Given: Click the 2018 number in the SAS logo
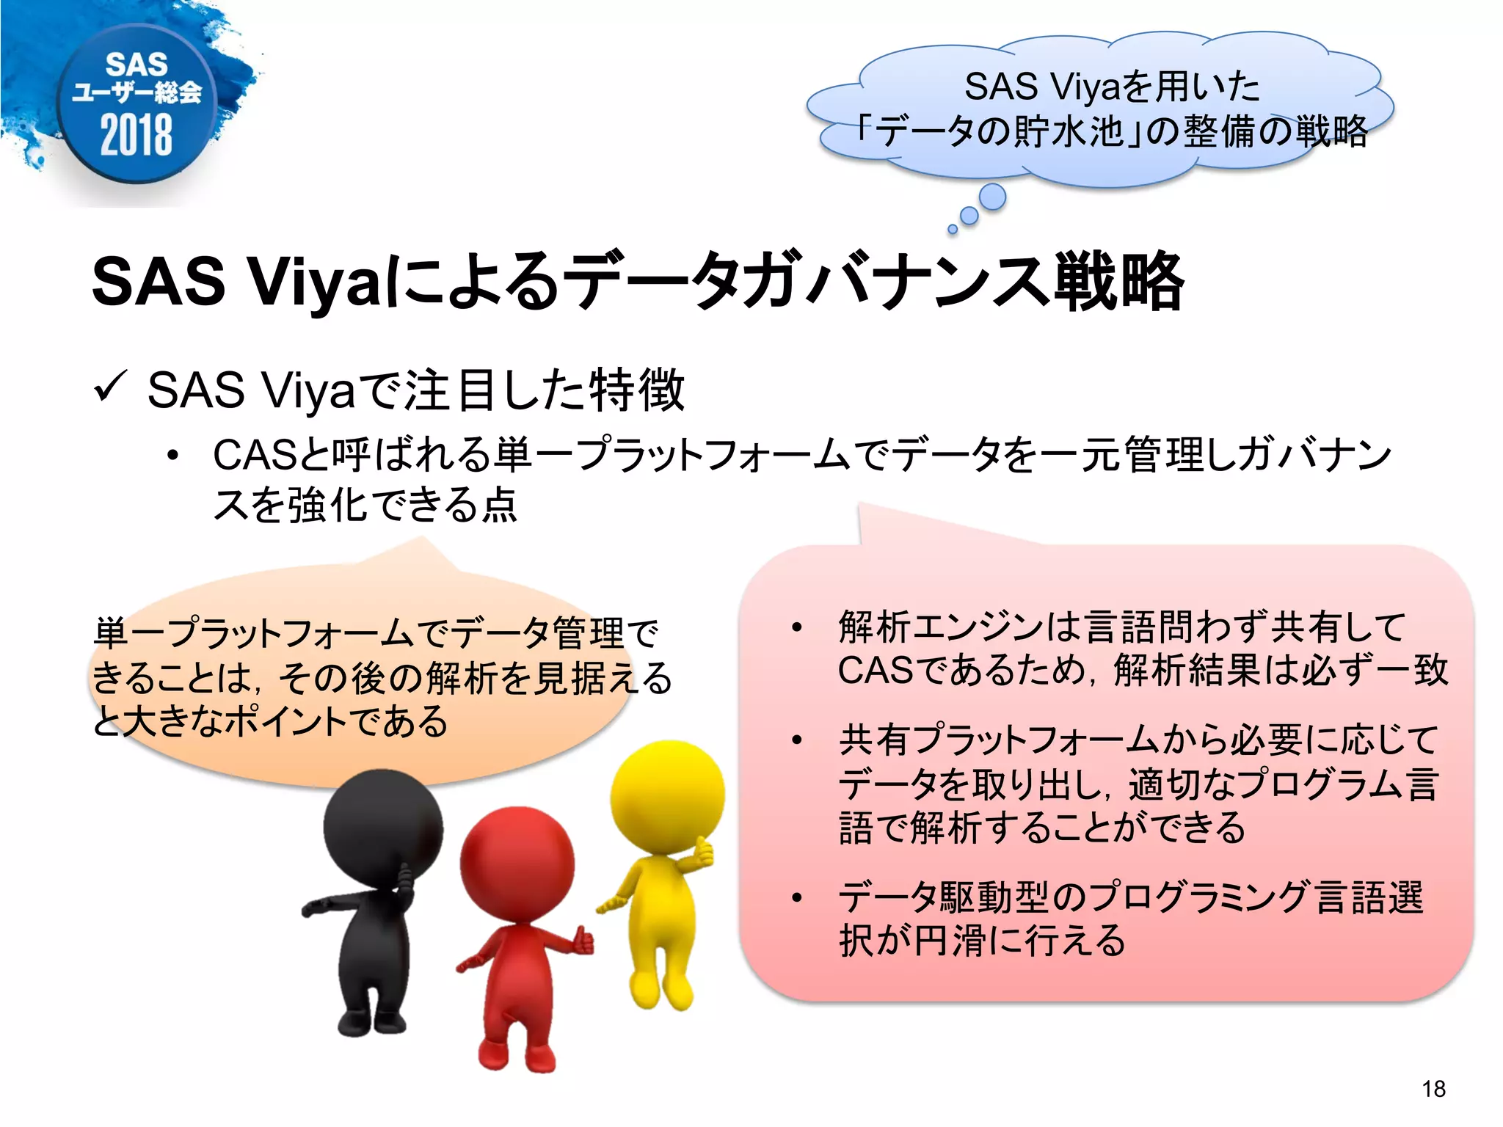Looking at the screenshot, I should coord(137,135).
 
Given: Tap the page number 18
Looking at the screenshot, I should coord(1433,1089).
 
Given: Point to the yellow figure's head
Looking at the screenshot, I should coord(667,796).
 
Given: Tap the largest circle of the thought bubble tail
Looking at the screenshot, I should coord(992,197).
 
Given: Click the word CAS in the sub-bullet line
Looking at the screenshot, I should coord(253,456).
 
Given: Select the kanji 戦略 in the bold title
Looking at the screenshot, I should coord(1118,282).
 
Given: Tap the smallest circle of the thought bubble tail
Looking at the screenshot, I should coord(953,230).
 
